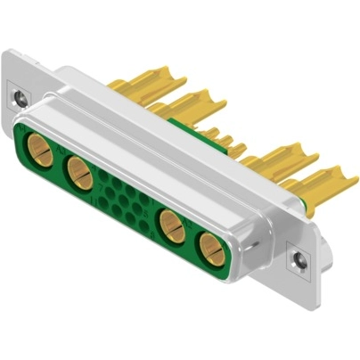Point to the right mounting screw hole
click(x=298, y=259)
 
